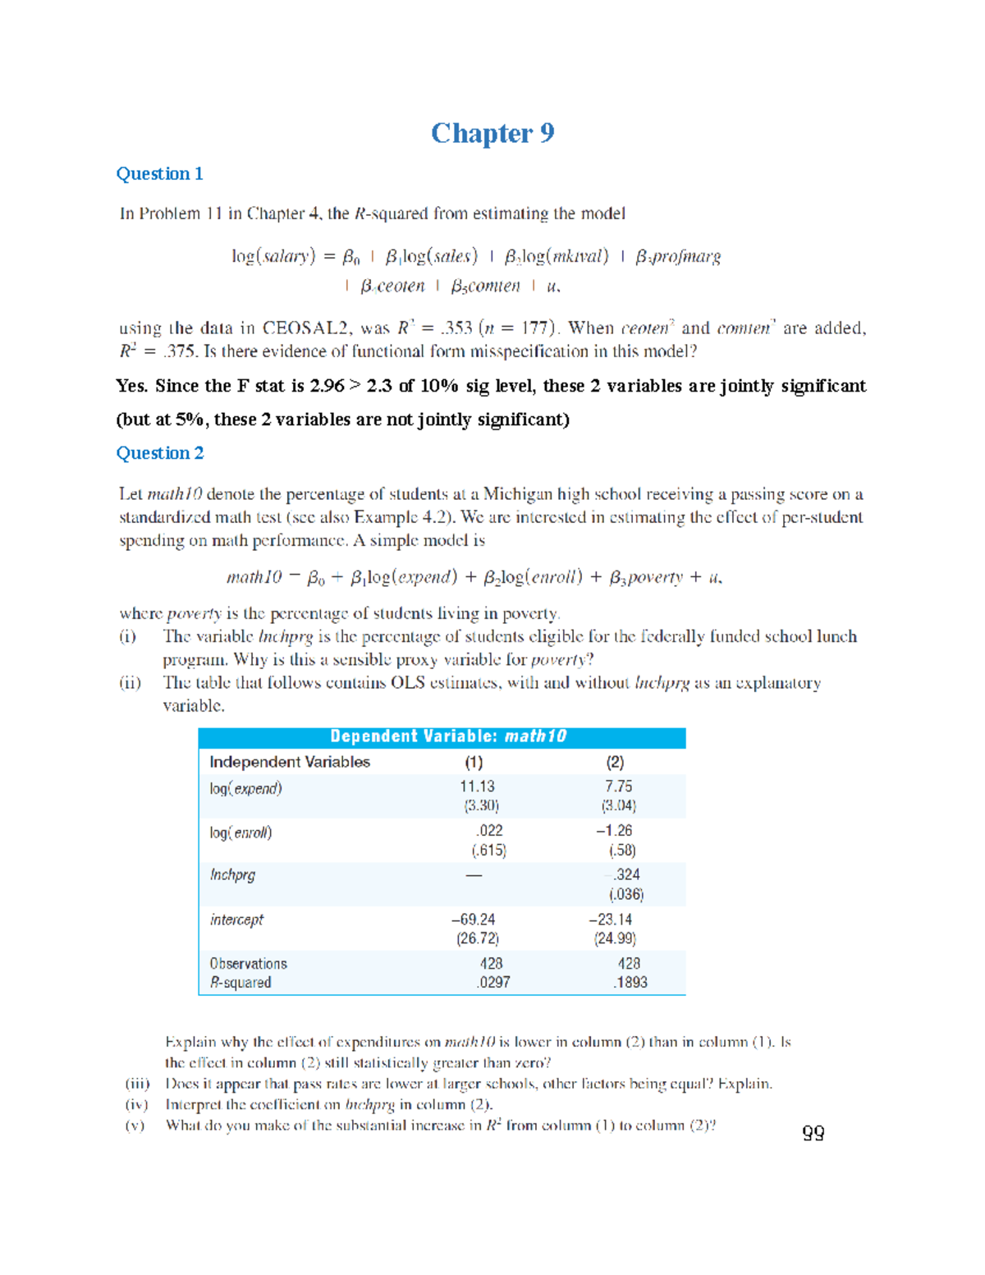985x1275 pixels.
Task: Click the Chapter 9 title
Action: (x=492, y=133)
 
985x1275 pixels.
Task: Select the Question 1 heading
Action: (x=159, y=174)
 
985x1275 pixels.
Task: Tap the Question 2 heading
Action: (x=159, y=453)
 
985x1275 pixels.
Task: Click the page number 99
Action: (x=813, y=1133)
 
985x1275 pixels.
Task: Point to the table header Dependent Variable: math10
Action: (x=448, y=736)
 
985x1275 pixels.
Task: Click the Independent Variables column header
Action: (x=290, y=762)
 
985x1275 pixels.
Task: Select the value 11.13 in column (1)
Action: (x=477, y=787)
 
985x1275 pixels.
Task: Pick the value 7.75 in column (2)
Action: (x=618, y=787)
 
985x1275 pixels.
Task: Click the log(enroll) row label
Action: (x=241, y=832)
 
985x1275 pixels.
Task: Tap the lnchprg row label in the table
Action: (x=232, y=875)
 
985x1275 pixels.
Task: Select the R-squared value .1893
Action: (x=630, y=983)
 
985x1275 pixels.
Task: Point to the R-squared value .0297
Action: (x=493, y=983)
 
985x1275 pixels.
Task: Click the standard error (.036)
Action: (x=626, y=894)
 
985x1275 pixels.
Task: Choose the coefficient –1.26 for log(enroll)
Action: (x=614, y=831)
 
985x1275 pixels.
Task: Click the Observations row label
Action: (x=248, y=964)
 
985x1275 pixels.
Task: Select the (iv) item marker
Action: (x=136, y=1105)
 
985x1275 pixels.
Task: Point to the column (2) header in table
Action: (x=615, y=762)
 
